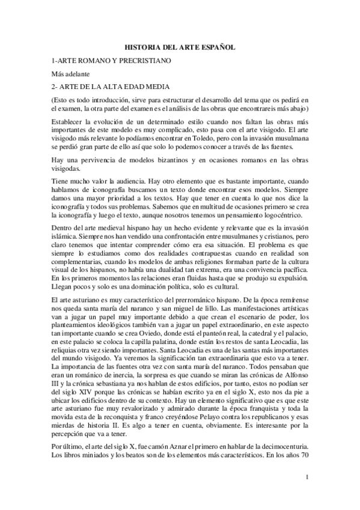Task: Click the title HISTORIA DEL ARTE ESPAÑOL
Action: (x=180, y=46)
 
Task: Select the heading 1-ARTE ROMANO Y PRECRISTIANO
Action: (x=112, y=61)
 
